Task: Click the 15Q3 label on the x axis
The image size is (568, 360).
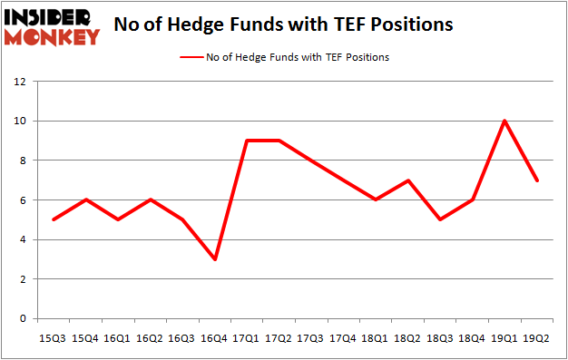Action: point(53,338)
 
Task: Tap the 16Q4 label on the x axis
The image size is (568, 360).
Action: point(216,338)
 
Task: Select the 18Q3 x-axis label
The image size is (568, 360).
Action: point(440,338)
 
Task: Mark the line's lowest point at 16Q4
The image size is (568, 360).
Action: point(216,259)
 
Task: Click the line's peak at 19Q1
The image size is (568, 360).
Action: point(504,121)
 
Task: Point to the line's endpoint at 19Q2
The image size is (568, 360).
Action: point(538,180)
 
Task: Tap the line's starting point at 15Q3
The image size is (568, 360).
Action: point(53,219)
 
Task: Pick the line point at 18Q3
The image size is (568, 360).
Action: point(440,219)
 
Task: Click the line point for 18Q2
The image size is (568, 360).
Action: point(407,180)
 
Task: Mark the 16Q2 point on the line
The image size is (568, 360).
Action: point(151,199)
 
